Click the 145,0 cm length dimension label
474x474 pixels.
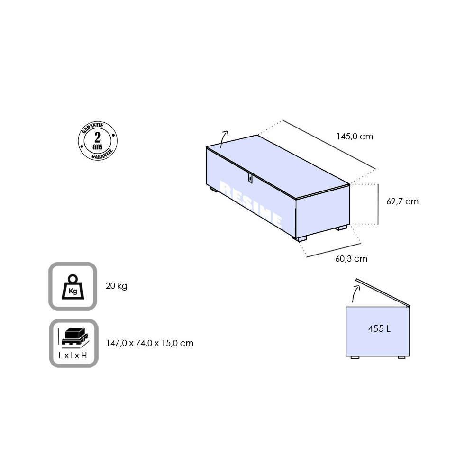click(355, 137)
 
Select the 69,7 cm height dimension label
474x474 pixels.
click(402, 201)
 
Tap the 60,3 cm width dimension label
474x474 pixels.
click(351, 259)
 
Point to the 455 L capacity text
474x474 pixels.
click(379, 328)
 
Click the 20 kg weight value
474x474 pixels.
click(117, 286)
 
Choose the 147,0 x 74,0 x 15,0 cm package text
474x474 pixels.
click(150, 343)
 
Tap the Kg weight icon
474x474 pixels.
click(73, 286)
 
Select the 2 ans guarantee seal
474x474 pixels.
click(98, 141)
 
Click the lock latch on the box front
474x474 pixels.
click(250, 178)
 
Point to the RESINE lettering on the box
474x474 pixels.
click(251, 203)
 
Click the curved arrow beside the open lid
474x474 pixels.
click(355, 293)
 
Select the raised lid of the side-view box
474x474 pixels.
click(383, 292)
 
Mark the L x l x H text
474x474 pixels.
click(73, 355)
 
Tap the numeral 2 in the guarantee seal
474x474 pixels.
click(98, 137)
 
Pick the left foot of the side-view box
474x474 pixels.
click(355, 357)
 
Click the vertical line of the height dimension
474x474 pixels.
click(378, 204)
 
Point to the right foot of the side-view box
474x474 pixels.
click(402, 357)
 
